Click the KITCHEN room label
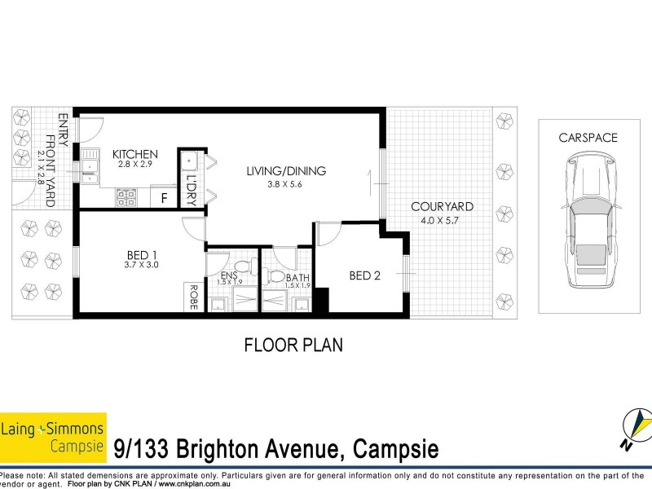pyautogui.click(x=135, y=154)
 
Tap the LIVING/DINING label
pyautogui.click(x=286, y=171)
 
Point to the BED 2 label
pyautogui.click(x=365, y=275)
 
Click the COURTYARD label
pyautogui.click(x=443, y=206)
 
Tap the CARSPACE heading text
pyautogui.click(x=588, y=138)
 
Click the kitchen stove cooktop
pyautogui.click(x=127, y=196)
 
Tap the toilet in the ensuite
pyautogui.click(x=241, y=267)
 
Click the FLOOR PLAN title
pyautogui.click(x=293, y=344)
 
